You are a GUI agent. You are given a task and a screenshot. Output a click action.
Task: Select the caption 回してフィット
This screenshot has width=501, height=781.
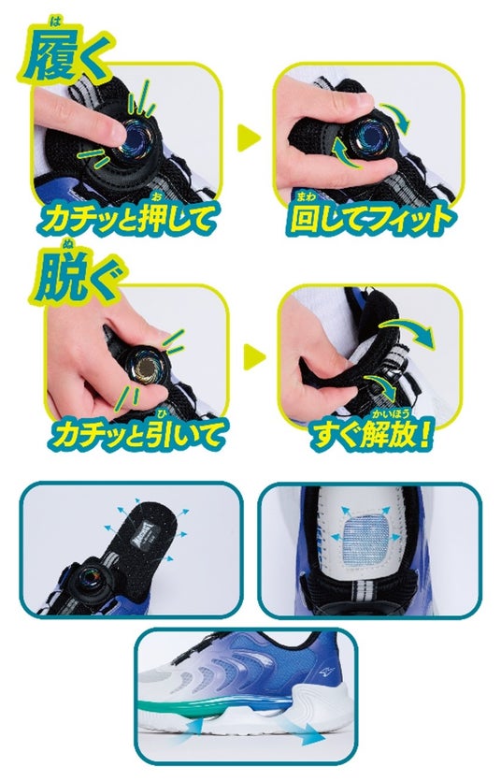(372, 218)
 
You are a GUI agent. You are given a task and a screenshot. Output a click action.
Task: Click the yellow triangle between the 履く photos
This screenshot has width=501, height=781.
(249, 138)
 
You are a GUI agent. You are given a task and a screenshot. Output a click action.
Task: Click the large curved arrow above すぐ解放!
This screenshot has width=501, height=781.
(407, 333)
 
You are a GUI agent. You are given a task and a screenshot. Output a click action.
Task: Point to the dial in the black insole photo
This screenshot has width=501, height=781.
(90, 581)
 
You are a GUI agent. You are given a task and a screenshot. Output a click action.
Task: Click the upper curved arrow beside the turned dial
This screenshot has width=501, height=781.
(395, 117)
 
